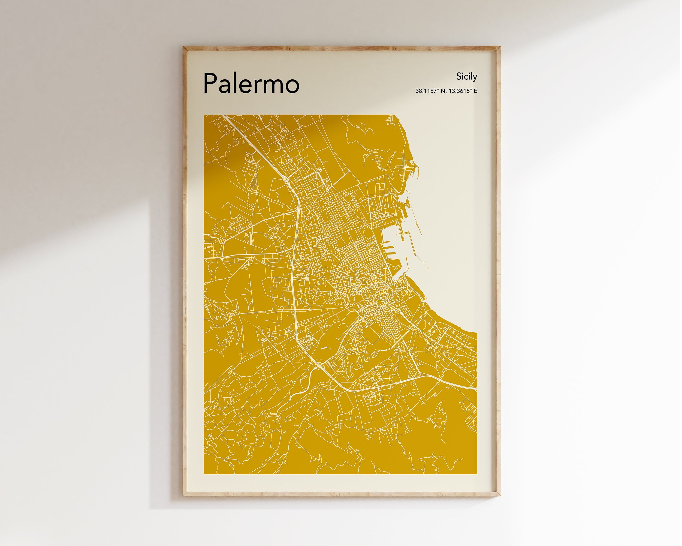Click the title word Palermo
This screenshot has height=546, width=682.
(x=251, y=83)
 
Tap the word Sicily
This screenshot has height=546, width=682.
(x=466, y=77)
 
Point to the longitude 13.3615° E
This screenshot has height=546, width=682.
(x=463, y=91)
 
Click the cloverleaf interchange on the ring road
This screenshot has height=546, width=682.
(x=319, y=367)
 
